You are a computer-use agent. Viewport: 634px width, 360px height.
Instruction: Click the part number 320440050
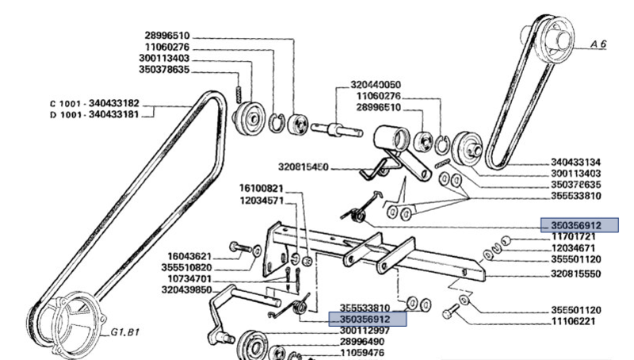point(376,84)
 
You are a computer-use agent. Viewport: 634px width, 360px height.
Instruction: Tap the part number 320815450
point(305,167)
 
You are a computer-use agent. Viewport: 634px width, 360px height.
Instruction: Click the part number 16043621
point(189,256)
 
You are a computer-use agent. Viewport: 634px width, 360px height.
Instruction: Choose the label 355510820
point(189,267)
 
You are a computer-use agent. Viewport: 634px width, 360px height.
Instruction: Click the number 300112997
point(365,330)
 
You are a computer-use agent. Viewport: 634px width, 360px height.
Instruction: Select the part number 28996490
point(365,341)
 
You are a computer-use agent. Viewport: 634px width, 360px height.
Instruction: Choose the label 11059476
point(365,352)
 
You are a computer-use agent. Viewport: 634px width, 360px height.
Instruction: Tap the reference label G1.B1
point(124,332)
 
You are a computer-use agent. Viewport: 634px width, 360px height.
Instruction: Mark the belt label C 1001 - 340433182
point(94,103)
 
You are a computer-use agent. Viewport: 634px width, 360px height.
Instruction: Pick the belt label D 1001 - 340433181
point(94,114)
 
